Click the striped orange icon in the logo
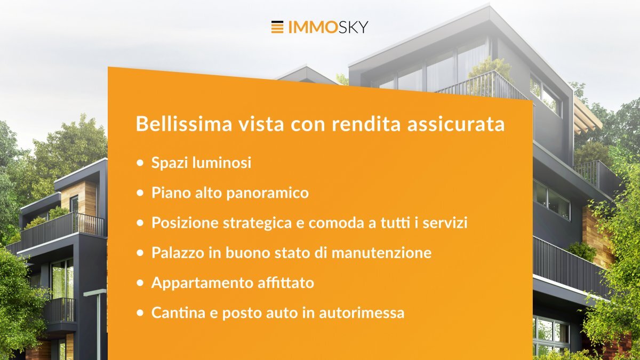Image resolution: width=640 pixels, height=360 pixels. pos(277,27)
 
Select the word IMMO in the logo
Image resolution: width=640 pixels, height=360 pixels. pos(311,27)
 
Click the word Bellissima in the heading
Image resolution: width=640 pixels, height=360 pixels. pos(183,124)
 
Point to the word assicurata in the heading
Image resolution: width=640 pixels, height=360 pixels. pos(456,124)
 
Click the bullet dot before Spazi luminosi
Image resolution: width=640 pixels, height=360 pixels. pos(140,163)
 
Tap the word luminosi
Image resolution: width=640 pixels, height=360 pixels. pos(222,163)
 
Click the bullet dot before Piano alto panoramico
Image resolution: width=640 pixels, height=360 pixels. pos(140,193)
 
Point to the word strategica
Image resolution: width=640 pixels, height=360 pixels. pos(258,223)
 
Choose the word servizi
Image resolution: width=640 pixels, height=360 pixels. pos(445,222)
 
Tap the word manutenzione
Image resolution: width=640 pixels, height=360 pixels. pos(382,253)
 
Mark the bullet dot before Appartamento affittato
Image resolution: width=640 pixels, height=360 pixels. pos(140,283)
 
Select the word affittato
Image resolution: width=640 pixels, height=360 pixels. pos(286,283)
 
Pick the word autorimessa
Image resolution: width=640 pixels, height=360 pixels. pos(362,313)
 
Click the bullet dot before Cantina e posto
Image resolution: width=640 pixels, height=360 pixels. pos(140,313)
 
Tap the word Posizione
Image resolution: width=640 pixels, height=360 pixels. pos(185,223)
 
